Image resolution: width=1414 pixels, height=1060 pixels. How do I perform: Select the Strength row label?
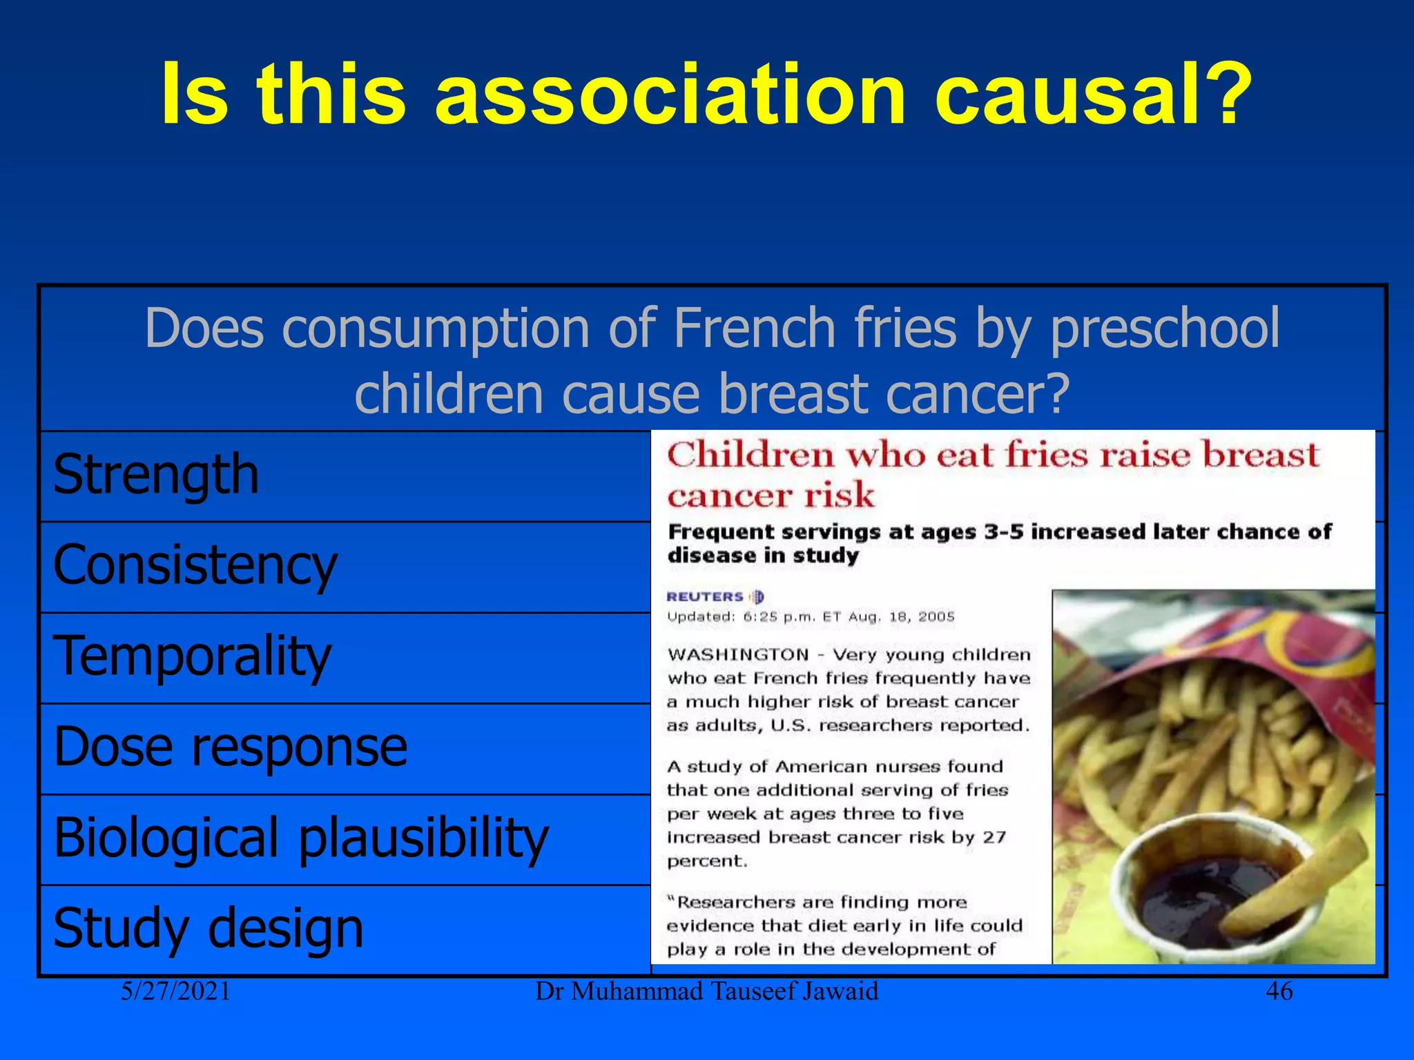pos(156,475)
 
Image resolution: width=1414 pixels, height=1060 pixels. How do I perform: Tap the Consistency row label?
pos(195,566)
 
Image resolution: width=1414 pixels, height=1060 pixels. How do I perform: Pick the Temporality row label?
pos(192,656)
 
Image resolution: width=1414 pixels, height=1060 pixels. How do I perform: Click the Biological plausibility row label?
pos(301,838)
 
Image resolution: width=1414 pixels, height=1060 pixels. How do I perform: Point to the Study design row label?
pos(208,928)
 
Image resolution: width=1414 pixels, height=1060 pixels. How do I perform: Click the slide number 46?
pos(1279,992)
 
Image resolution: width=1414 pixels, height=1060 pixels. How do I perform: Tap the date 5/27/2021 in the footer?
pos(175,992)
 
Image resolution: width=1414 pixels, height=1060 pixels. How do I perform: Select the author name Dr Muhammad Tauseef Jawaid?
pos(706,992)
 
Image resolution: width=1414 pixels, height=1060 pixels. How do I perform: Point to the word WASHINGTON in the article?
pos(738,655)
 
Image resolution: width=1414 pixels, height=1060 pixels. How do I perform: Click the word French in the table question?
pos(755,328)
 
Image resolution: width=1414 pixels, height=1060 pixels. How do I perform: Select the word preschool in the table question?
pos(1165,328)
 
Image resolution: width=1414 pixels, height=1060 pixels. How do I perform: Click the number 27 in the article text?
pos(994,838)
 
